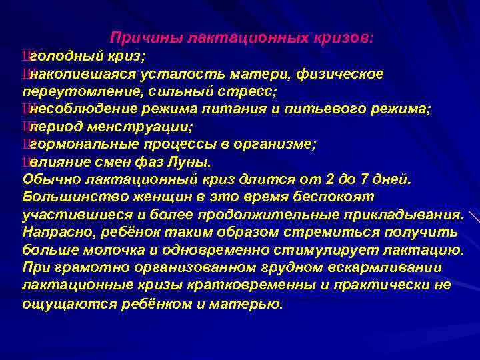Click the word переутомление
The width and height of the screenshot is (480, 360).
pos(69,91)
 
